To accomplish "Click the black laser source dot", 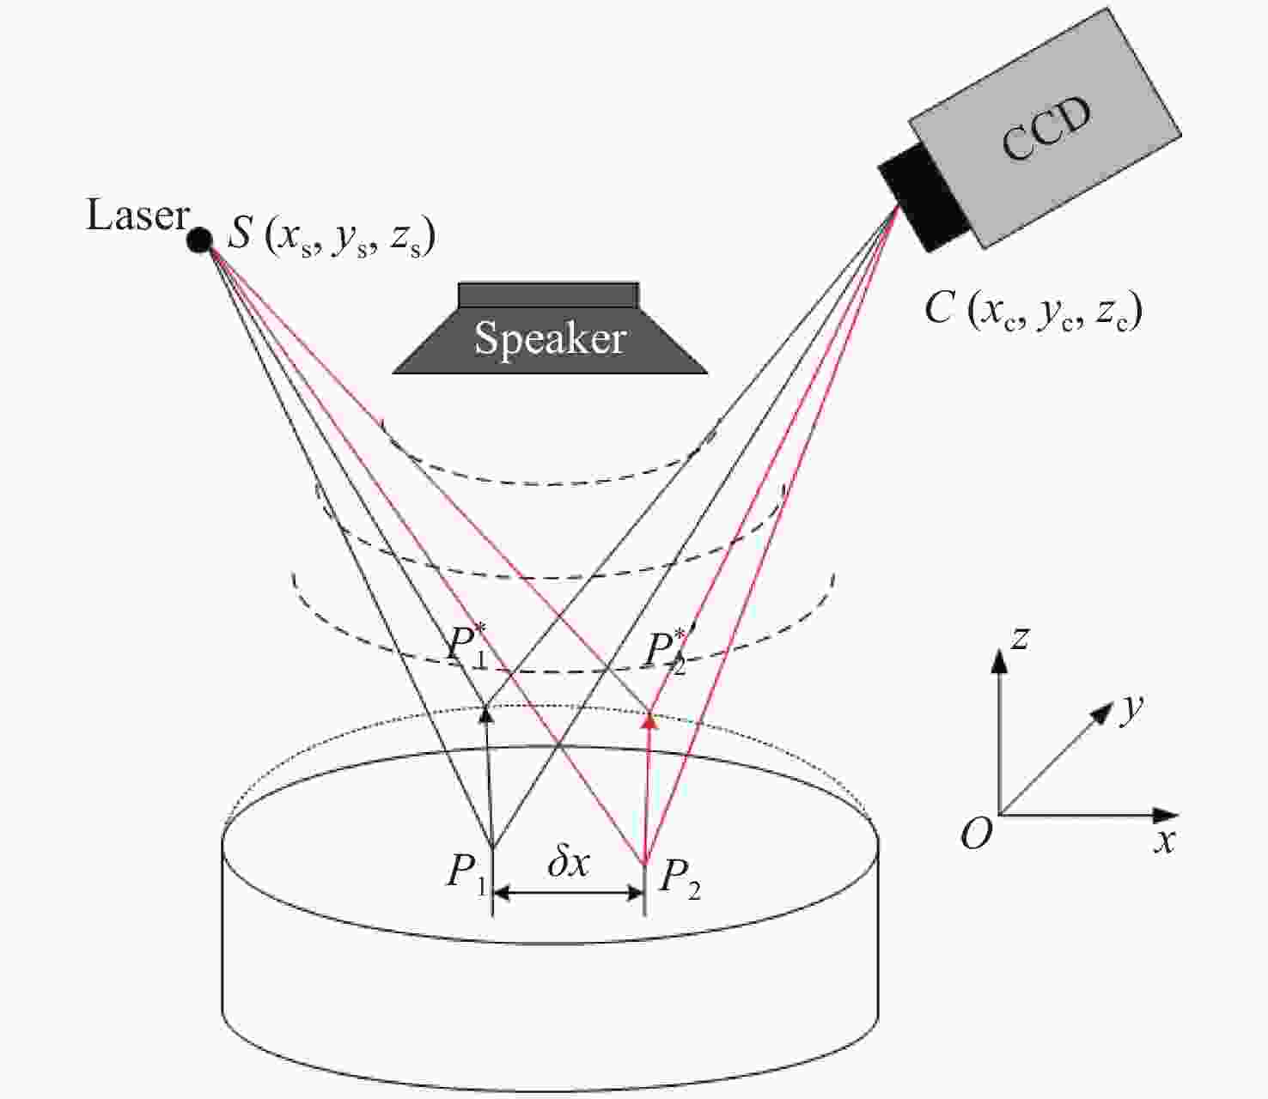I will click(199, 240).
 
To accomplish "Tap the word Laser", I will click(137, 215).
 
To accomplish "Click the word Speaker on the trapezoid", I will click(550, 337).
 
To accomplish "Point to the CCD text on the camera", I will click(1046, 128).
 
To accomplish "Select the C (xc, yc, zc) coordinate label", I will click(1033, 309).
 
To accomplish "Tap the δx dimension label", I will click(569, 863).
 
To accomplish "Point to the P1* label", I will click(466, 645).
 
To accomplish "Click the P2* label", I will click(667, 650).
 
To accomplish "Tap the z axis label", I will click(1020, 638).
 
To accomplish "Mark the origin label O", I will click(976, 833).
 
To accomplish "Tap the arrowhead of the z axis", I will click(998, 659).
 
